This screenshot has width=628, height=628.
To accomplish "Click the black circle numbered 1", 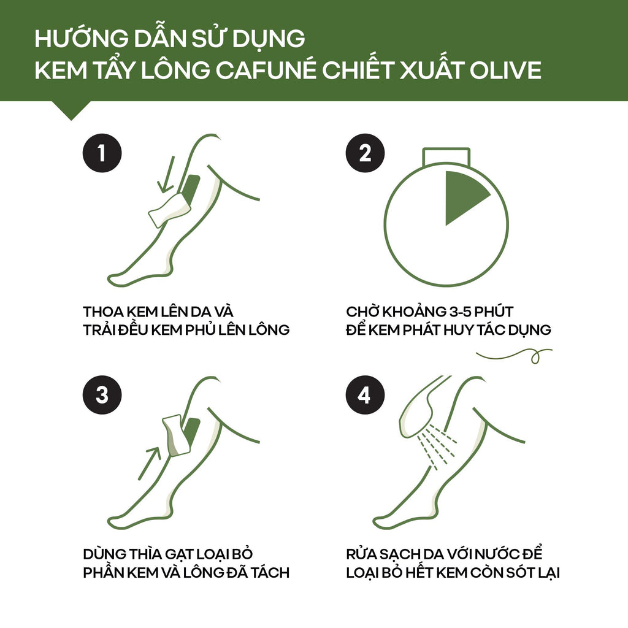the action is coord(102,153).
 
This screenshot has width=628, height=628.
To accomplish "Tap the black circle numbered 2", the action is coord(365,153).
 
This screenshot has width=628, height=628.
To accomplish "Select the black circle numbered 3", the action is coord(102,395).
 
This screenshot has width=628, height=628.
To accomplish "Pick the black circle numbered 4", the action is coord(365,395).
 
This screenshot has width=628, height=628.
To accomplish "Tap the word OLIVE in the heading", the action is coord(505,70).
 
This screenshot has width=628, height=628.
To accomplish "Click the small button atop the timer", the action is coord(446,156).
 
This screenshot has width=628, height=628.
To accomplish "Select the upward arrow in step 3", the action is coord(149,462).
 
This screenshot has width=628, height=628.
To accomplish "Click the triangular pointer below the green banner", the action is coord(71,110).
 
